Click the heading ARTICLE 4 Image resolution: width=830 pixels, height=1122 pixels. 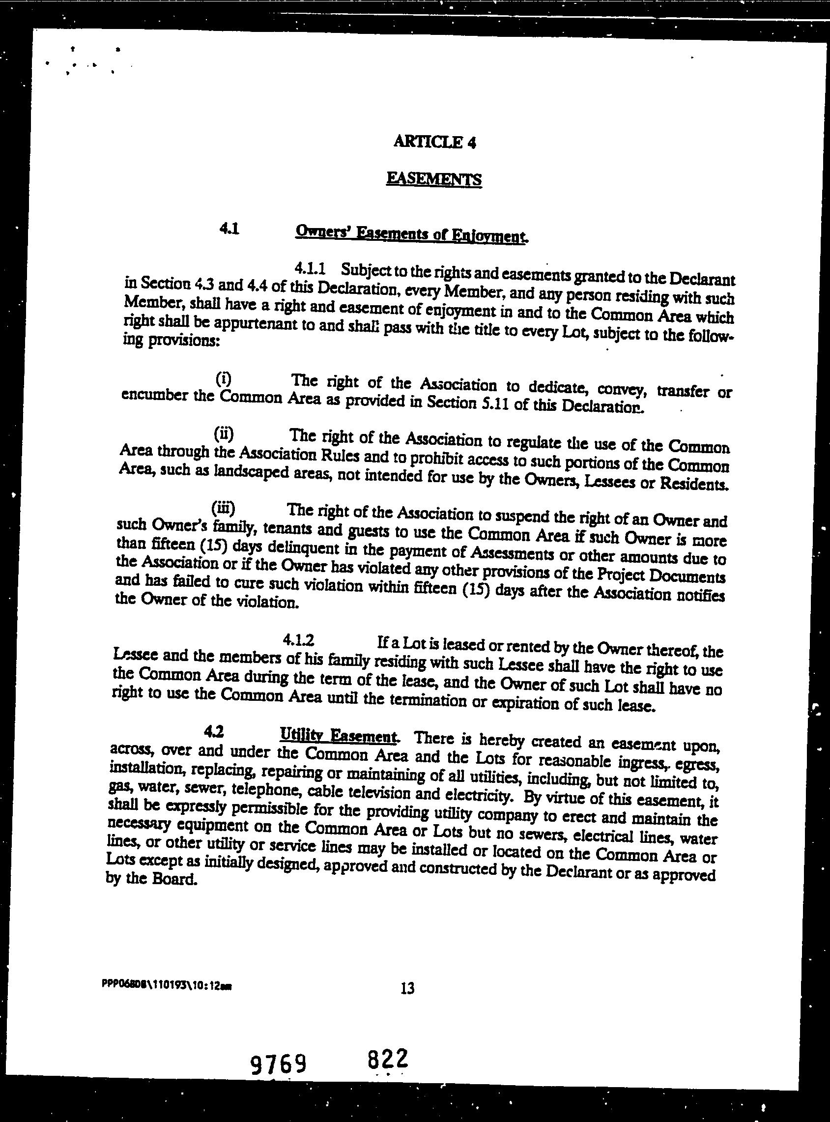point(434,142)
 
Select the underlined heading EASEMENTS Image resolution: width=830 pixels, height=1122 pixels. point(434,179)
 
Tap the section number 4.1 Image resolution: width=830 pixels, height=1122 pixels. point(229,229)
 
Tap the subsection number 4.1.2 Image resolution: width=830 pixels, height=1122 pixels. point(298,640)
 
